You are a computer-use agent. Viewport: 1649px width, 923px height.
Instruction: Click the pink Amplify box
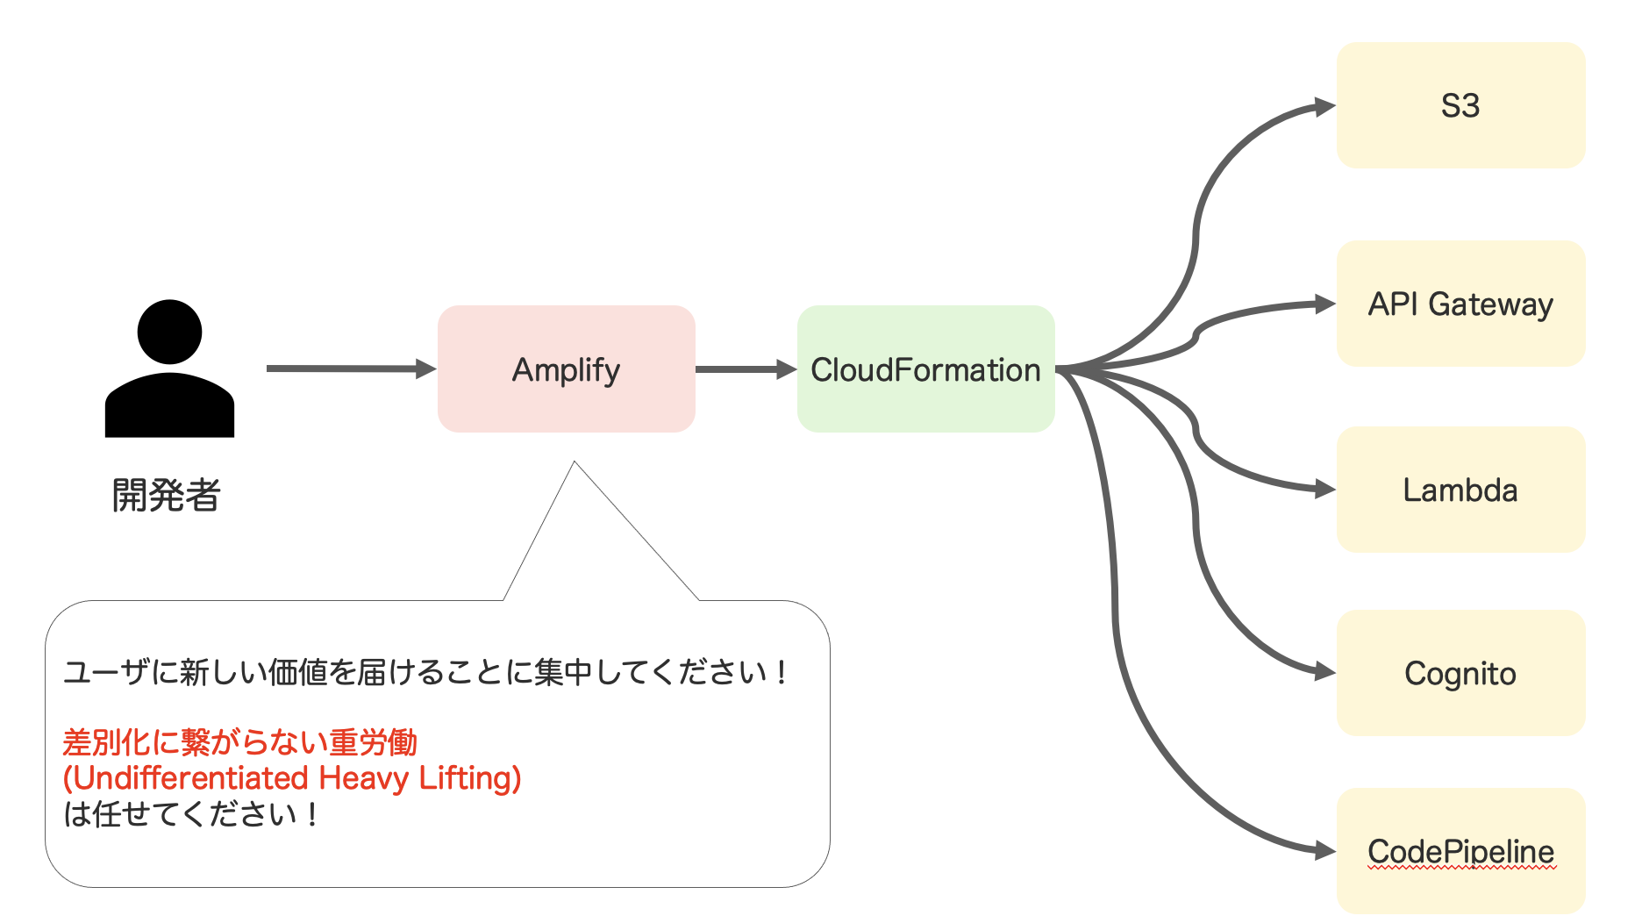[x=566, y=368]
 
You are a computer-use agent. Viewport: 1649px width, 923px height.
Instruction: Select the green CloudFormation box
[x=925, y=368]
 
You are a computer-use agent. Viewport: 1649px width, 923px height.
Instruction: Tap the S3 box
[x=1460, y=105]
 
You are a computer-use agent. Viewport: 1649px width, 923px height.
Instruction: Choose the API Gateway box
[x=1460, y=304]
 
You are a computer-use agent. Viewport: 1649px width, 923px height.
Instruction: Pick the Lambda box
[x=1460, y=490]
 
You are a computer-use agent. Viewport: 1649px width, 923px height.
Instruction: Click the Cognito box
[x=1460, y=673]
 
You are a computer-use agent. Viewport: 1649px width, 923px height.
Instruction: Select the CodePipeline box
[x=1460, y=851]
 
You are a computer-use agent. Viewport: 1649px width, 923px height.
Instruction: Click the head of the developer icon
[x=169, y=332]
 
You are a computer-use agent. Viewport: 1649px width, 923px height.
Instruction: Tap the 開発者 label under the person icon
[x=166, y=495]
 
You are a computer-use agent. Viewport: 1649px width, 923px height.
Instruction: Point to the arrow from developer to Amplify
[x=351, y=368]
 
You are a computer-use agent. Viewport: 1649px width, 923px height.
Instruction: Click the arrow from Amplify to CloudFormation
[x=746, y=369]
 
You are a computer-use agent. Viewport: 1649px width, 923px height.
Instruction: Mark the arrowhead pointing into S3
[x=1325, y=107]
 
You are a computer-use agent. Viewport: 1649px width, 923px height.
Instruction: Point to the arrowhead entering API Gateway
[x=1325, y=304]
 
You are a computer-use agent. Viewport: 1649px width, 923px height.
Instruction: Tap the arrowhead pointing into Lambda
[x=1325, y=490]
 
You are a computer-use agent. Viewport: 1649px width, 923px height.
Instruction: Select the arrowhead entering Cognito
[x=1325, y=673]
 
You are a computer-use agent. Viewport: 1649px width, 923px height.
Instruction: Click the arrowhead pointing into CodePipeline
[x=1325, y=850]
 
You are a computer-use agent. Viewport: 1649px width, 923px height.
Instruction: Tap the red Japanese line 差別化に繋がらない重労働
[x=239, y=742]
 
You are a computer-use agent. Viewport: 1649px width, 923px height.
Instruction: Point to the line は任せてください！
[x=190, y=814]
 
